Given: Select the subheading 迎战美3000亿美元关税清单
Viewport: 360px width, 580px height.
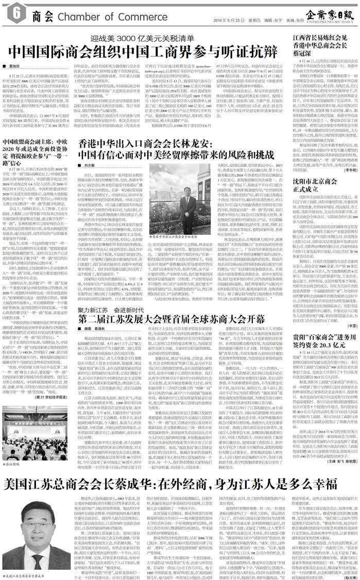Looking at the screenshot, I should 135,40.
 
